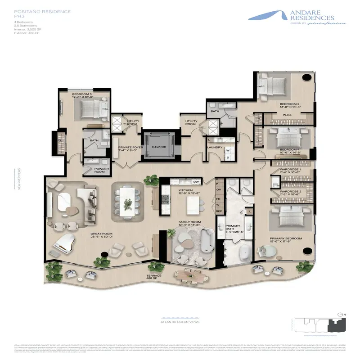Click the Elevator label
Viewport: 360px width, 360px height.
coord(159,147)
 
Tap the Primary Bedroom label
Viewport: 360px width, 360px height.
coord(285,239)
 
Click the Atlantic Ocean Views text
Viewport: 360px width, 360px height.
coord(180,321)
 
